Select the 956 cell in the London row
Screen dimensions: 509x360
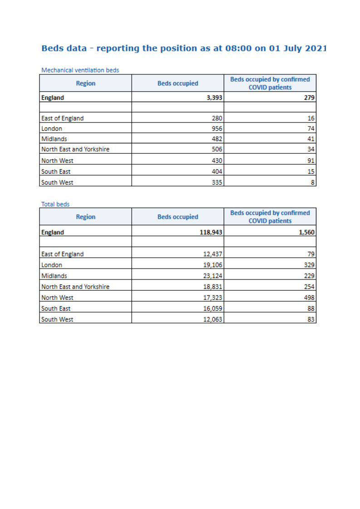pos(216,129)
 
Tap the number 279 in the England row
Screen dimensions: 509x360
pos(310,98)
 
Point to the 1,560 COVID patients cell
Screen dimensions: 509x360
pos(307,232)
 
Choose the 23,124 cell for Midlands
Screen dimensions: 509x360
pos(212,276)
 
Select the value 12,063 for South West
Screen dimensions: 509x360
pos(212,319)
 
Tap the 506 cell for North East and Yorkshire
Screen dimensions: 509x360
pos(216,150)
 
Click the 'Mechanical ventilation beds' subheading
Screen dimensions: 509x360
pos(80,70)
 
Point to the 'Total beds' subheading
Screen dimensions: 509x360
pos(55,205)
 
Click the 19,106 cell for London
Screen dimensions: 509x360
pos(212,265)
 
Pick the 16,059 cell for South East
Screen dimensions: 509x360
pos(212,308)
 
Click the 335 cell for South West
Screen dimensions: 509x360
pos(216,182)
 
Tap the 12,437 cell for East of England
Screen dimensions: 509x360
pos(212,254)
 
